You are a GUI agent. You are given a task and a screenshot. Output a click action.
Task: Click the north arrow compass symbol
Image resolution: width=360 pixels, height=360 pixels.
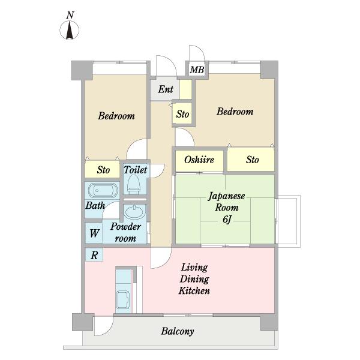(70, 30)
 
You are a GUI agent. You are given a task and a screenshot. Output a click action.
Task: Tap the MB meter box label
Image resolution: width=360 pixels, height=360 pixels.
(197, 70)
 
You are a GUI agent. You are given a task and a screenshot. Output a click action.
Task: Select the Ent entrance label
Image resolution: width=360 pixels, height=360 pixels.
(166, 89)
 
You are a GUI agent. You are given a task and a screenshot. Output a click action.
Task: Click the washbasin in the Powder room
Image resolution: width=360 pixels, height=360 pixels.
(134, 212)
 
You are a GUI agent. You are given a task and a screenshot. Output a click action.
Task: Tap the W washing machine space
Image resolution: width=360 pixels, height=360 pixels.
(94, 233)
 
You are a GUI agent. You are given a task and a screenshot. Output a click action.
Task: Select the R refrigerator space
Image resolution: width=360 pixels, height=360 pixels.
(94, 255)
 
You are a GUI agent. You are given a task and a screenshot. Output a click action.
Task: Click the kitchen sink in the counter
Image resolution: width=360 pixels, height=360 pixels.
(123, 299)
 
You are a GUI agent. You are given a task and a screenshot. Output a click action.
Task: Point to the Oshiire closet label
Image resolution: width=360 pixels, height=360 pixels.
(199, 160)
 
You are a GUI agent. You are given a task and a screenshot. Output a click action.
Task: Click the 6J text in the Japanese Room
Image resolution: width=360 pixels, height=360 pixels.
(227, 220)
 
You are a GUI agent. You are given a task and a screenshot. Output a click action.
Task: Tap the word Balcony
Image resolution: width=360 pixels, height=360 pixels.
(178, 331)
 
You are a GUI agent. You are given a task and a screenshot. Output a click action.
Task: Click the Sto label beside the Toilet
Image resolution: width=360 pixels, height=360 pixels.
(103, 170)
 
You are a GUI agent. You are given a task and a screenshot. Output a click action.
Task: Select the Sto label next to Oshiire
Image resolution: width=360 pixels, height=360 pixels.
(253, 160)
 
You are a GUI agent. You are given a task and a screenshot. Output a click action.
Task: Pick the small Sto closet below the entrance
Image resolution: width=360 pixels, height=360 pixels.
(182, 114)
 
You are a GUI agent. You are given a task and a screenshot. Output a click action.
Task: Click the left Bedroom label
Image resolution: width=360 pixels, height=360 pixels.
(116, 116)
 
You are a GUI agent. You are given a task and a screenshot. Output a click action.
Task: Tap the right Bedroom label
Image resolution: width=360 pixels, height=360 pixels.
(235, 112)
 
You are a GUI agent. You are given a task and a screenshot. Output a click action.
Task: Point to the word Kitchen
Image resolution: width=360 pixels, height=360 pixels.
(194, 290)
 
